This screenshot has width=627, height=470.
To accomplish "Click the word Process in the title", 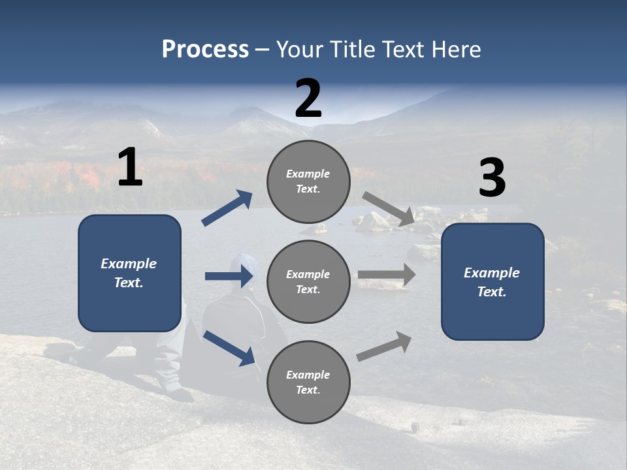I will pos(205,49).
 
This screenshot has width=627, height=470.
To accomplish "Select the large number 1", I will pos(130,168).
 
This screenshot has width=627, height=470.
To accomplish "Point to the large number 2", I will pos(308,99).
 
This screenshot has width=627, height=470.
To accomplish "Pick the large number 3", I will pos(492,179).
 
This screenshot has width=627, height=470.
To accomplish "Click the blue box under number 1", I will pos(129,273).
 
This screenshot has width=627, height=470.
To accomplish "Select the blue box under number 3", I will pos(492,281).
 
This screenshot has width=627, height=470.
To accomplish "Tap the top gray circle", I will pos(308,181).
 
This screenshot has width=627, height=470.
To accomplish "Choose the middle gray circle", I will pos(308,281).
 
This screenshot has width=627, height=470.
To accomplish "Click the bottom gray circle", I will pos(308,382).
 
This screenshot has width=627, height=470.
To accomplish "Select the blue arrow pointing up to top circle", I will pos(227,208).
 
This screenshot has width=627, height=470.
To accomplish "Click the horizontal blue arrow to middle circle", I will pos(228,276).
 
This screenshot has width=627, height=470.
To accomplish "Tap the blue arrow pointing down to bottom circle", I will pos(229,347).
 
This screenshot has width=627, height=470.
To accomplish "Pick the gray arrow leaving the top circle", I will pos(389,209).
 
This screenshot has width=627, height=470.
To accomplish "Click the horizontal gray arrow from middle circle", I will pos(387,274).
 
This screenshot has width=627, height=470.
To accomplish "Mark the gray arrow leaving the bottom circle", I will pos(384,347).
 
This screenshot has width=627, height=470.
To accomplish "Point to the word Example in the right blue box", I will pos(492,273).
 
